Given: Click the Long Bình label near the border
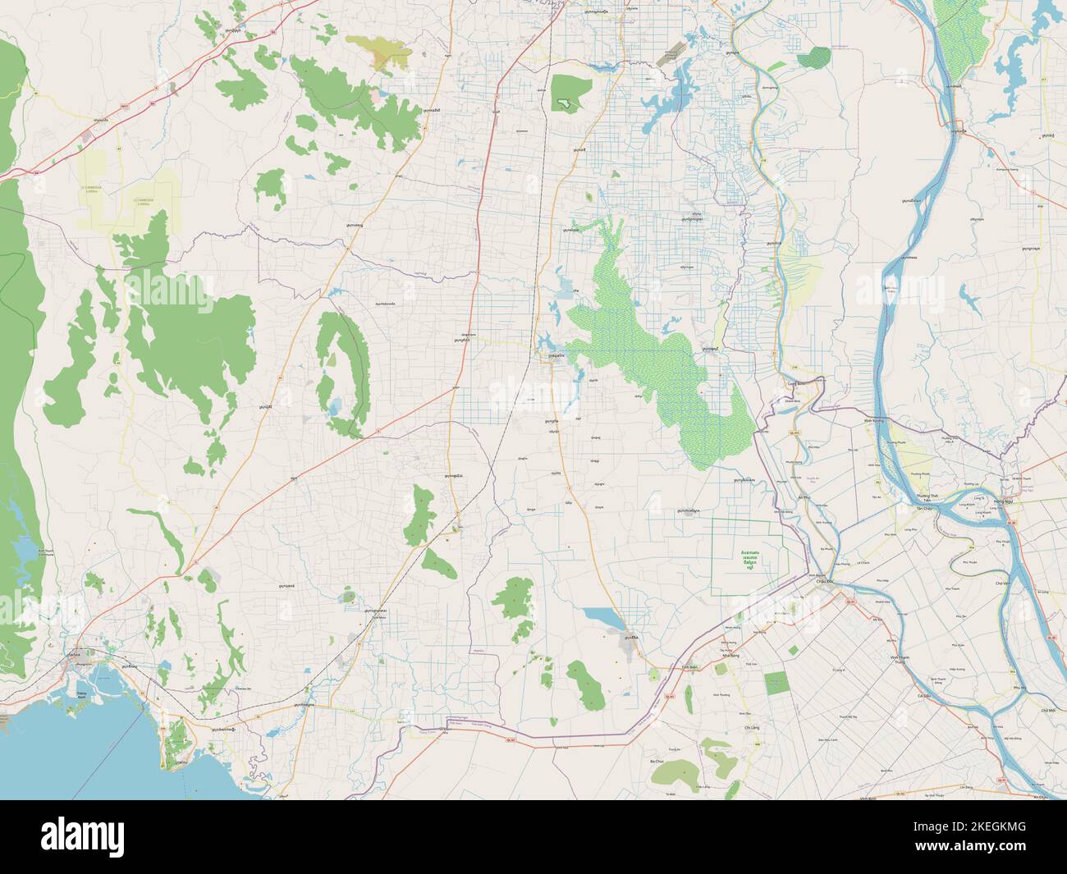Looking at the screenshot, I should coord(794,382).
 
